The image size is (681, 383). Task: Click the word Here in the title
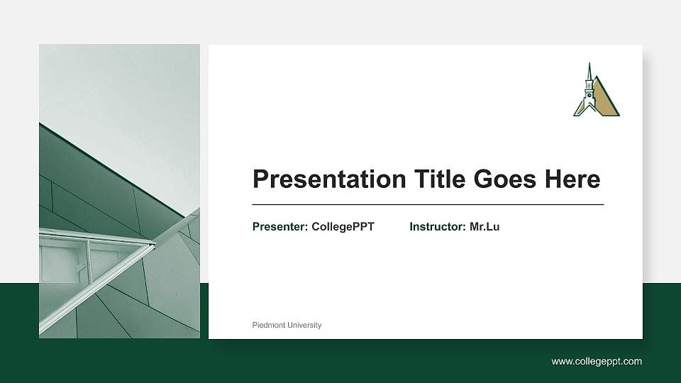pos(572,179)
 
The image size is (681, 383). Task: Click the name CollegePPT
pos(343,227)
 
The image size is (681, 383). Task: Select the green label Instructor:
pos(438,227)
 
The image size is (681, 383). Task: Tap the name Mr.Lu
pos(485,227)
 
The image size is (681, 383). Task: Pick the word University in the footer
pos(304,325)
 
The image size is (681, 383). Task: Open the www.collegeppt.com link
pos(597,361)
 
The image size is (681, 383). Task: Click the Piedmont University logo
pos(595,91)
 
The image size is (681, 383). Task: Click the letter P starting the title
pos(260,179)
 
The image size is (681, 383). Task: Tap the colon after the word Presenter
pos(306,228)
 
